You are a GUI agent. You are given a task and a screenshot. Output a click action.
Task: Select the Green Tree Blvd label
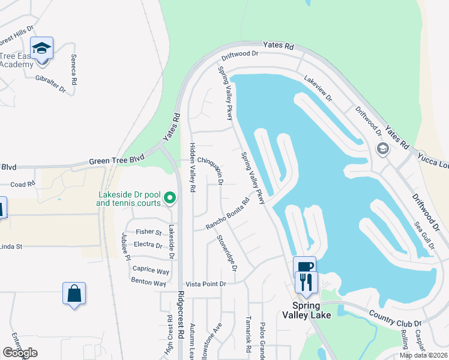click(117, 161)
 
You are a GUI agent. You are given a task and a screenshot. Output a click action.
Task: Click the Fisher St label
click(149, 232)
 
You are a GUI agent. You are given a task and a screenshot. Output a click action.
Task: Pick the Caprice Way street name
click(151, 271)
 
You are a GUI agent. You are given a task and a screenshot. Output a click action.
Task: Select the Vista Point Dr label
click(205, 284)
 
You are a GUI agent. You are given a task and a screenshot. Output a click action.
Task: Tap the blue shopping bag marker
click(74, 293)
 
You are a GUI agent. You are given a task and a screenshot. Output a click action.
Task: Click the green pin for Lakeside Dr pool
click(170, 197)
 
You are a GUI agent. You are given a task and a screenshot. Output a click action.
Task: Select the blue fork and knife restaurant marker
click(307, 281)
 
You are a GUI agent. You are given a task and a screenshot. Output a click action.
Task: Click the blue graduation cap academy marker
click(42, 47)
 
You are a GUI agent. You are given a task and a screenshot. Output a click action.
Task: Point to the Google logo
click(20, 353)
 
